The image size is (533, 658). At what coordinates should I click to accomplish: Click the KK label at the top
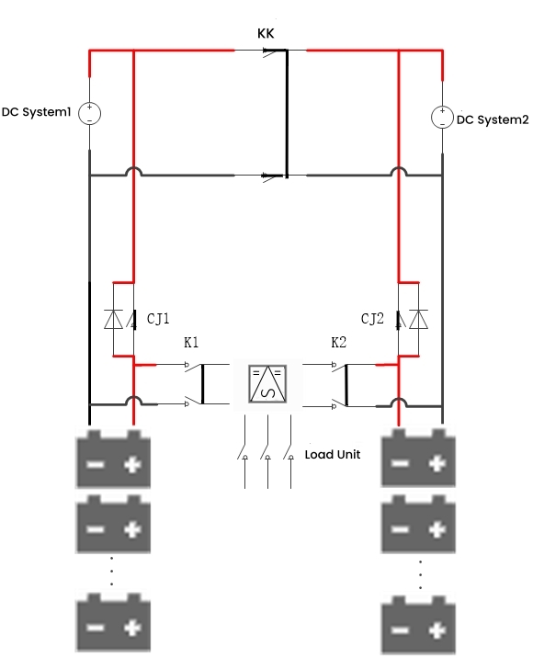(x=266, y=33)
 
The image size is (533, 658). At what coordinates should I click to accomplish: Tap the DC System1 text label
(x=37, y=114)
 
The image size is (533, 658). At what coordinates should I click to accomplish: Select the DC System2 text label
(x=493, y=119)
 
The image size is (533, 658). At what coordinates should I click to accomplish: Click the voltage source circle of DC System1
(x=89, y=114)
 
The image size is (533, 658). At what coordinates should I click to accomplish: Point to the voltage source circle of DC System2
(x=443, y=118)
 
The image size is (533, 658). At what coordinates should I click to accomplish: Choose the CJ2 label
(x=372, y=319)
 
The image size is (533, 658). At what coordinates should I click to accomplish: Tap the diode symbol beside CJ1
(x=114, y=319)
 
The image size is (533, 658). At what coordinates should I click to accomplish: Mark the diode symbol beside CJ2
(x=419, y=319)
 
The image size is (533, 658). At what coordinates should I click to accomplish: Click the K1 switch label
(x=191, y=343)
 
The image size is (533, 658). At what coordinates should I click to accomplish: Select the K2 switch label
(x=338, y=343)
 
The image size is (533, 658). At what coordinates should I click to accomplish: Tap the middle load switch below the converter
(x=267, y=453)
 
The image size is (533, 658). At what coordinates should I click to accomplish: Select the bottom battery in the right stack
(x=419, y=627)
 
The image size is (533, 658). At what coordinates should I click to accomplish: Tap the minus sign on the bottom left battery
(x=94, y=628)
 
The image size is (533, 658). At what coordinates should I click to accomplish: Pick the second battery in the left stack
(x=112, y=524)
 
